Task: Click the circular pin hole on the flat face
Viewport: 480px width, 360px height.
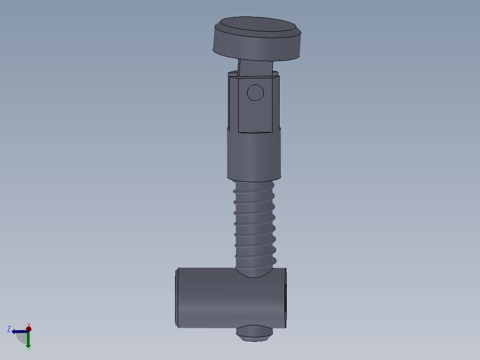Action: point(255,93)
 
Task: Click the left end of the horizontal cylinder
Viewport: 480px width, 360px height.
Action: point(177,298)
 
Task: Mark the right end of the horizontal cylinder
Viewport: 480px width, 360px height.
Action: point(285,298)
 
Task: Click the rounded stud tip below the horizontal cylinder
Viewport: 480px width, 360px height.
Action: point(254,334)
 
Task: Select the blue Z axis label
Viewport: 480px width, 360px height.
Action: point(9,329)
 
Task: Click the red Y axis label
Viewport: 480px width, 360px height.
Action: point(28,325)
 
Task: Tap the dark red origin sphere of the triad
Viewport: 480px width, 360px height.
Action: point(28,329)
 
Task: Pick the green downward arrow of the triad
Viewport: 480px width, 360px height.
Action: point(28,341)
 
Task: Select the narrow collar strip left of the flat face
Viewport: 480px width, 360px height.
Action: point(233,105)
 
